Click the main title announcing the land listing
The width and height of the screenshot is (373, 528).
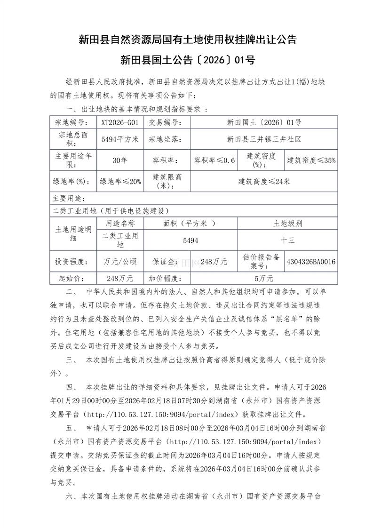187,40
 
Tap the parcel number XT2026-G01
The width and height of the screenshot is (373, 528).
120,122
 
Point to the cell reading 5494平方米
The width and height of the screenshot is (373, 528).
120,139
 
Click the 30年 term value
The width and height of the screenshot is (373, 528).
120,160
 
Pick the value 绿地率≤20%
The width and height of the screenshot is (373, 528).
120,182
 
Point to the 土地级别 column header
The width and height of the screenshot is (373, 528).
287,223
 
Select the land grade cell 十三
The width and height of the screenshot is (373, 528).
287,240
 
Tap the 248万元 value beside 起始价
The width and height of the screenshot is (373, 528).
120,278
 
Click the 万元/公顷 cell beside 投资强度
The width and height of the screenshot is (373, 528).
120,261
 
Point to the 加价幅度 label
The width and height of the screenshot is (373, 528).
167,278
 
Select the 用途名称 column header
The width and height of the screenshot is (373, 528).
120,223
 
